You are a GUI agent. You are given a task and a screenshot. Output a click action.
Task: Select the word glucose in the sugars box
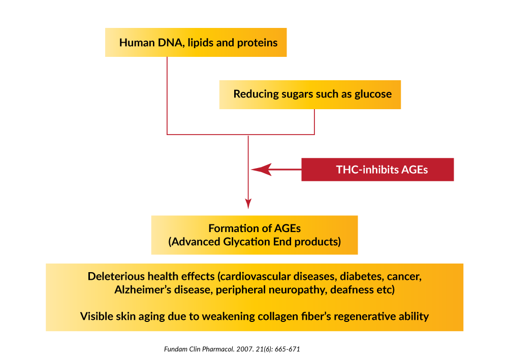(x=373, y=94)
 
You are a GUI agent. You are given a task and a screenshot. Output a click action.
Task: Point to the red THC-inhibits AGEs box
(x=377, y=170)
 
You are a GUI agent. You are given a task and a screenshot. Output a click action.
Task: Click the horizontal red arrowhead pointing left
(x=261, y=169)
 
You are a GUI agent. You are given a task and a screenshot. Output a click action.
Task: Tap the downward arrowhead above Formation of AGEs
(x=248, y=204)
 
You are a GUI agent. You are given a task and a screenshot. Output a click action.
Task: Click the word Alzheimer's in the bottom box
(x=143, y=290)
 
